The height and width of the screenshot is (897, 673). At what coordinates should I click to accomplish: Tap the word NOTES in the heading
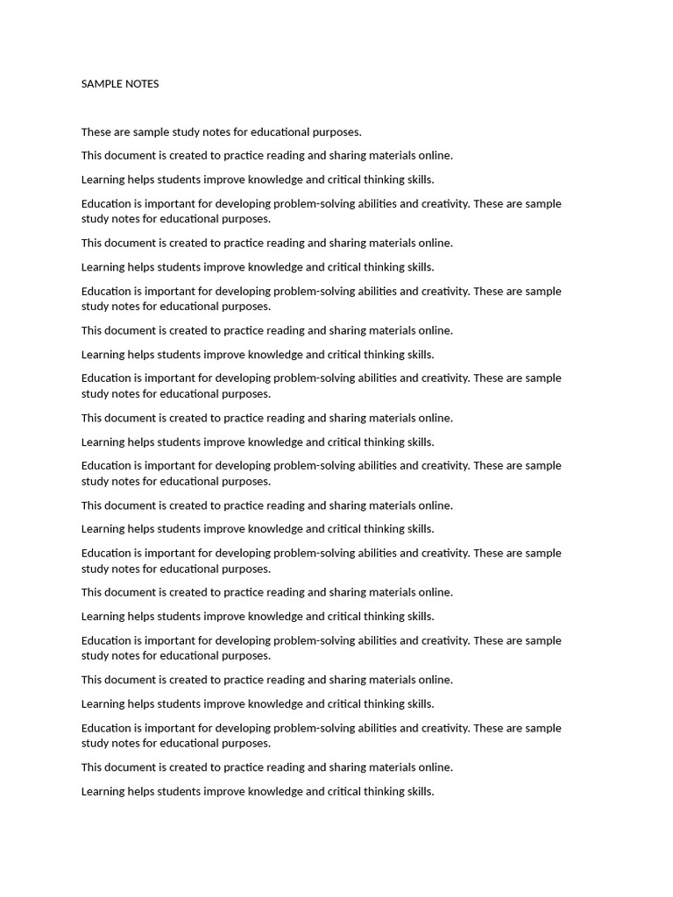pos(142,84)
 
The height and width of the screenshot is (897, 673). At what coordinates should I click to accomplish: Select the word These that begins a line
pos(96,132)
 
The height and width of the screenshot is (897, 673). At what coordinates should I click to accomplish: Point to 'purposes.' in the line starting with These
pos(337,132)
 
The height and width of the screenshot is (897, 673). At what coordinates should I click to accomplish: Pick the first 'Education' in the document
pos(106,204)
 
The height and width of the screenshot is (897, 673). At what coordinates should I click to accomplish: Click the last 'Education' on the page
pos(106,729)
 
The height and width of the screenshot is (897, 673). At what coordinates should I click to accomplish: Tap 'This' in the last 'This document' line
pos(92,767)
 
